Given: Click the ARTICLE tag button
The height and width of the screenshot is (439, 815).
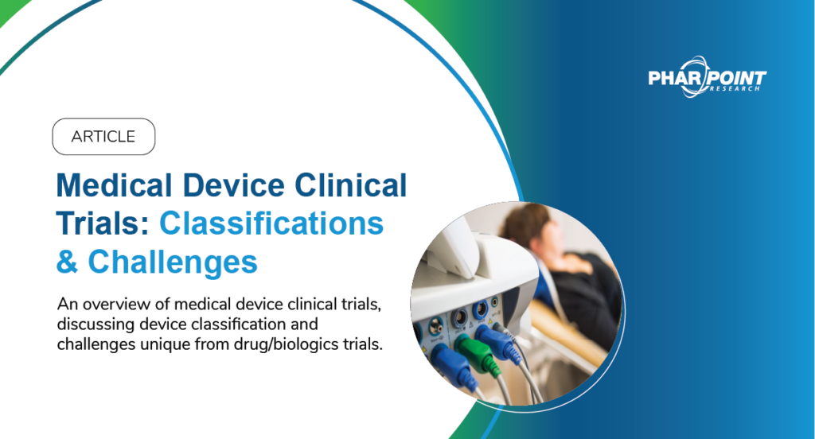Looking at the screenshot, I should [103, 136].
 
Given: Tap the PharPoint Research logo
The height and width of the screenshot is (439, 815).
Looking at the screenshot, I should [707, 79].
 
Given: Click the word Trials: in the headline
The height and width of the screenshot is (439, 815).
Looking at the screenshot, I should [103, 225].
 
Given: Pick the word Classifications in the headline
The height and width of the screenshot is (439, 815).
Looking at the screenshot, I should [271, 225].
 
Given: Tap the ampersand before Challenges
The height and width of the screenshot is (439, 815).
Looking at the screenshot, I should [68, 262].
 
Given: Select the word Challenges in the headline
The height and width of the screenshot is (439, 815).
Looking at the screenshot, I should [173, 262].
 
